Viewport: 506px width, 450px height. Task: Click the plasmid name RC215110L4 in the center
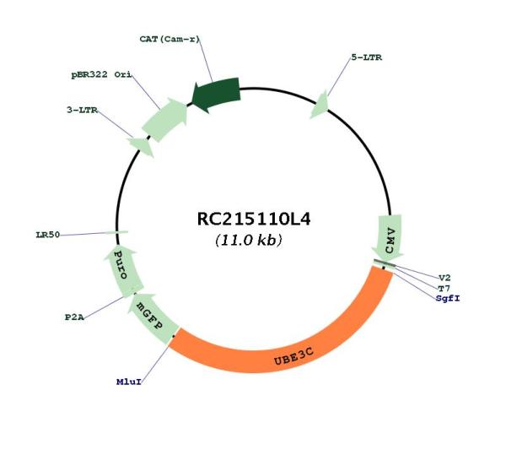(x=254, y=219)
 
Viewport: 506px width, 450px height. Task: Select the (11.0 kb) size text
(x=249, y=240)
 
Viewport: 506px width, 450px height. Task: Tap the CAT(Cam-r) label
(x=170, y=39)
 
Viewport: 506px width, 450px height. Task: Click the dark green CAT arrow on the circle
(x=216, y=95)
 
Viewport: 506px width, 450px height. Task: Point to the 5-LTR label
(x=367, y=57)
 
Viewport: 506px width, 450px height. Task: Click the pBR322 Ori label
(x=101, y=74)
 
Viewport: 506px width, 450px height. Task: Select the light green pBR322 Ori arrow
(x=165, y=120)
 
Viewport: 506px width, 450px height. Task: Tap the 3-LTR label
(x=82, y=110)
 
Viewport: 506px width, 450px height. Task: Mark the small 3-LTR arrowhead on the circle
(x=141, y=146)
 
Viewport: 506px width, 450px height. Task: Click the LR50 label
(x=48, y=235)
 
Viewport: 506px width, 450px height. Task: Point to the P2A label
(x=74, y=317)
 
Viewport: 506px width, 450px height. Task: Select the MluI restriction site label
(x=129, y=382)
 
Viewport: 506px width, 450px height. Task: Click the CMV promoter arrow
(x=388, y=237)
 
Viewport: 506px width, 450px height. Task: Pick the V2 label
(x=444, y=278)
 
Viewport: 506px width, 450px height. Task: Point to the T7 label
(x=444, y=288)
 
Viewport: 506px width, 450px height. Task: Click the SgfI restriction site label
(x=448, y=298)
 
